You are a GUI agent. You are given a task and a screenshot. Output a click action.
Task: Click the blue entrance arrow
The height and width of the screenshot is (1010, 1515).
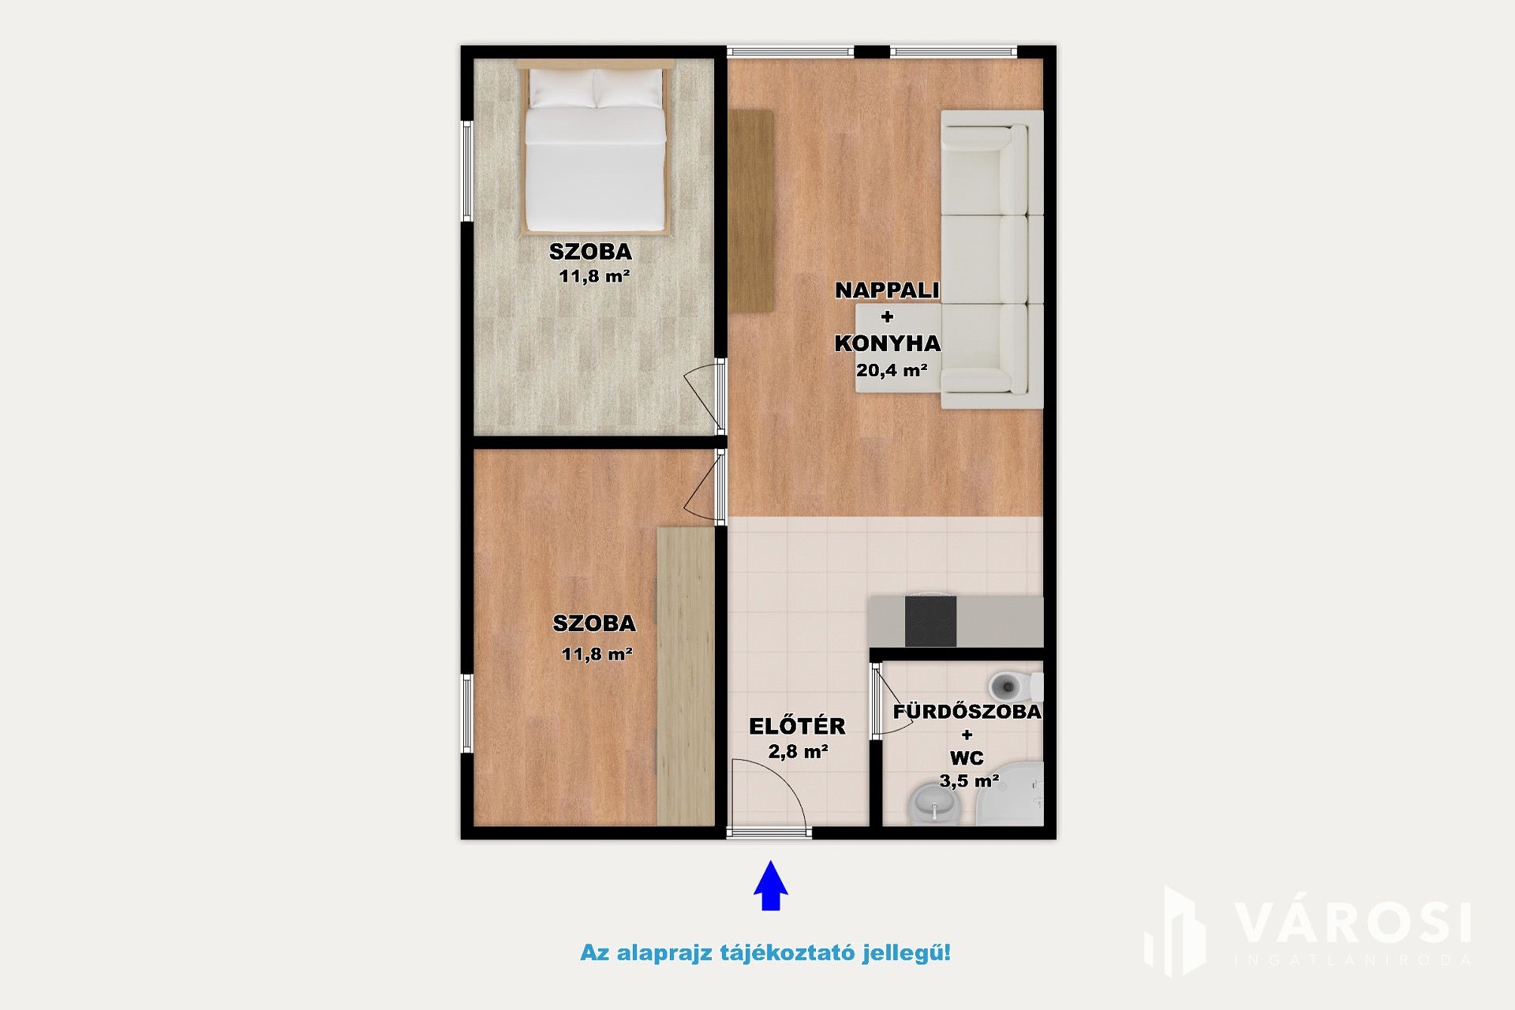point(770,885)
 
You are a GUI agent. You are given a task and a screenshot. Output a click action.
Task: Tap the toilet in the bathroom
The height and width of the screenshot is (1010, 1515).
point(1015,686)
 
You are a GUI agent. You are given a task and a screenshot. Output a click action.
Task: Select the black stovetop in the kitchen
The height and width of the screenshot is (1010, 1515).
point(930,621)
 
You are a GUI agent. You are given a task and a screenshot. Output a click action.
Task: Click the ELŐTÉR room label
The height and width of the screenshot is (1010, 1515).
point(797,726)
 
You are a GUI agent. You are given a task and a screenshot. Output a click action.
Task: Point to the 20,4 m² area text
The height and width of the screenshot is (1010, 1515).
point(892,369)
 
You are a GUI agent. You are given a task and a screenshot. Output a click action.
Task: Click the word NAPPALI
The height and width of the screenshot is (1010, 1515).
point(888,290)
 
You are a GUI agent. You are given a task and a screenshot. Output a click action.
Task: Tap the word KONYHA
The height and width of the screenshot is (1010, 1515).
point(888,343)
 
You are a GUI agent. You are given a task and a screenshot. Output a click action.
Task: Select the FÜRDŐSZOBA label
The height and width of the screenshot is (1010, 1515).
point(967,711)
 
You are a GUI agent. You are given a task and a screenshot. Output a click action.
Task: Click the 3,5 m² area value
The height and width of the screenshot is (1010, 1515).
point(969,781)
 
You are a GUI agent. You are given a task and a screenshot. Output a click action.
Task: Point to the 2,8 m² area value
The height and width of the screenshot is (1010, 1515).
point(798,751)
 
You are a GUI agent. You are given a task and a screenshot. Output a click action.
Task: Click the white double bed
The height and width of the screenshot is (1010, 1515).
point(596,150)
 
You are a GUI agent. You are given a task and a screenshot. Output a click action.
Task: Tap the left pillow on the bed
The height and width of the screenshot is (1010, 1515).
point(561,88)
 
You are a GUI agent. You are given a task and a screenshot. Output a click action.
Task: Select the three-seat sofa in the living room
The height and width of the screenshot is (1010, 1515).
point(992,260)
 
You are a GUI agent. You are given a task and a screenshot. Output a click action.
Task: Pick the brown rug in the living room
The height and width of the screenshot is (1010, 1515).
point(750,211)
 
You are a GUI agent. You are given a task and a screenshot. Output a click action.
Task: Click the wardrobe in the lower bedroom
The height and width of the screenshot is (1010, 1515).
point(686,676)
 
